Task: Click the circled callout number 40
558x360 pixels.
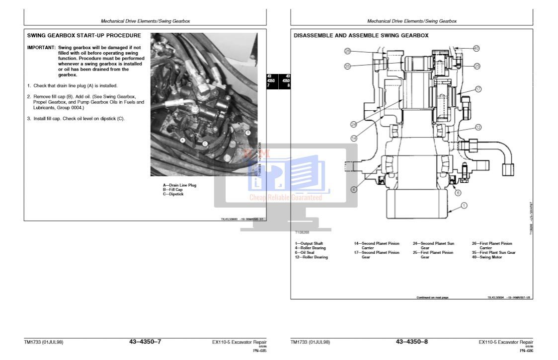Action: click(x=476, y=48)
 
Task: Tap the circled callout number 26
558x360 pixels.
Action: click(x=347, y=51)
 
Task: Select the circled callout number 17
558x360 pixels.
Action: click(x=478, y=89)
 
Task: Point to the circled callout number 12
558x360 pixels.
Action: click(x=478, y=127)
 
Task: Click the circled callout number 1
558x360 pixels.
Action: click(x=464, y=205)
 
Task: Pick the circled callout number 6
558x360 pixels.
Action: click(x=458, y=193)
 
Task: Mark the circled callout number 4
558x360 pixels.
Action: click(x=353, y=189)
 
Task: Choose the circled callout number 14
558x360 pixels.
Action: click(x=354, y=138)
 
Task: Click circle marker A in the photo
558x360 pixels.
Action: click(x=183, y=140)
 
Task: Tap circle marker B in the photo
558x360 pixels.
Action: click(x=248, y=133)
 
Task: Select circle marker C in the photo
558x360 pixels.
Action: click(x=205, y=144)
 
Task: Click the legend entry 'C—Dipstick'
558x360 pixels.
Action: click(x=173, y=194)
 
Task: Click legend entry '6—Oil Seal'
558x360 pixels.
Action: click(x=305, y=253)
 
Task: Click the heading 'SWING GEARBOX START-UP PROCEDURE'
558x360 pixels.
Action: click(x=84, y=36)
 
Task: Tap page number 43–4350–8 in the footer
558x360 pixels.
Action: click(x=411, y=342)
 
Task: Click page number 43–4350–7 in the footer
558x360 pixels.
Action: click(x=145, y=342)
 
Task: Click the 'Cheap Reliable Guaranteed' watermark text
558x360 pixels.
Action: click(x=285, y=198)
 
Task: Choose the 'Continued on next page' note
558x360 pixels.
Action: click(x=432, y=297)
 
